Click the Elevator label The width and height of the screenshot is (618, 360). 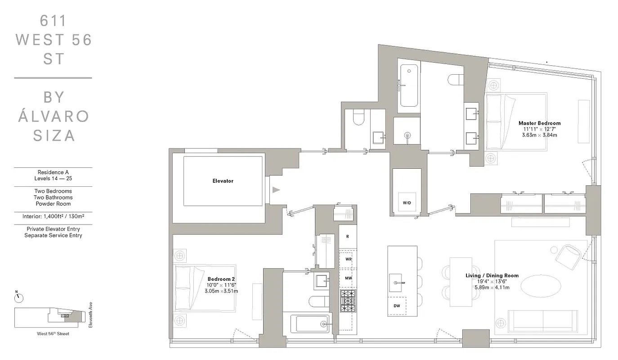coord(223,181)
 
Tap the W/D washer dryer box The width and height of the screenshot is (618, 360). coord(407,203)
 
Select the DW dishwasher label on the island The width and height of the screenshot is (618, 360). coord(396,306)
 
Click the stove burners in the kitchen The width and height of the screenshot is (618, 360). coord(348,301)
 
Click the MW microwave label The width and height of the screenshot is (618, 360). coord(348,278)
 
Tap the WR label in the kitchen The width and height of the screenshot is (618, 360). coord(348,259)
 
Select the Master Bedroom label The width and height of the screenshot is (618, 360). coord(539,123)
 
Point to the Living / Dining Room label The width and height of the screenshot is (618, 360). coord(492,275)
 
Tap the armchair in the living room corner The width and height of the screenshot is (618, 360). coord(569,256)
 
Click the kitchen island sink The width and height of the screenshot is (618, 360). coord(397,283)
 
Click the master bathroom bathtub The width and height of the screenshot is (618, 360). coord(409,85)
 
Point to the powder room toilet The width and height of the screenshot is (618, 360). coord(359,118)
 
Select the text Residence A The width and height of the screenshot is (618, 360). coord(53,172)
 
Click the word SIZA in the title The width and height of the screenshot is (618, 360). coord(53,135)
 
